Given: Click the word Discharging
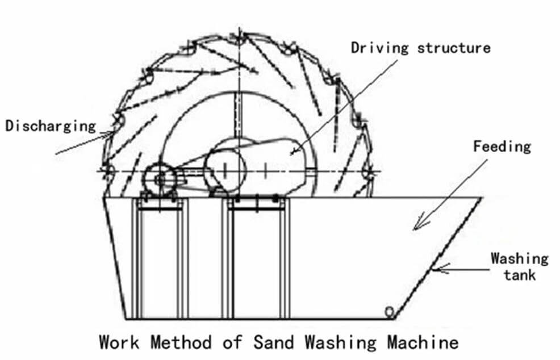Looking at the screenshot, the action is (51, 126).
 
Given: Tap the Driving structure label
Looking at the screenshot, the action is (421, 48).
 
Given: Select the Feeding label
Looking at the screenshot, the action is (502, 146).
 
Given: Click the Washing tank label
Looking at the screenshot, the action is (519, 266).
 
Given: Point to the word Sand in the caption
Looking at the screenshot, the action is (274, 342).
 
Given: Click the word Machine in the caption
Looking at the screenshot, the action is (423, 342).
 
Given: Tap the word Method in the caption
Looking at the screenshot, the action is (181, 342).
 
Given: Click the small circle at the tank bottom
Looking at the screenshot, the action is (390, 312).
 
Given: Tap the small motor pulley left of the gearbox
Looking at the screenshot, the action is (160, 178).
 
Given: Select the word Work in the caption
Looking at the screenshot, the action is (119, 342).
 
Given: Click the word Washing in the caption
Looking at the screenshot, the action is (341, 342).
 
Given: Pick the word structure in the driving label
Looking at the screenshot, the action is (454, 48).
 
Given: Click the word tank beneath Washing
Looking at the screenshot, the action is (520, 275).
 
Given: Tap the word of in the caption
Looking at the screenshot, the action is (233, 342).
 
